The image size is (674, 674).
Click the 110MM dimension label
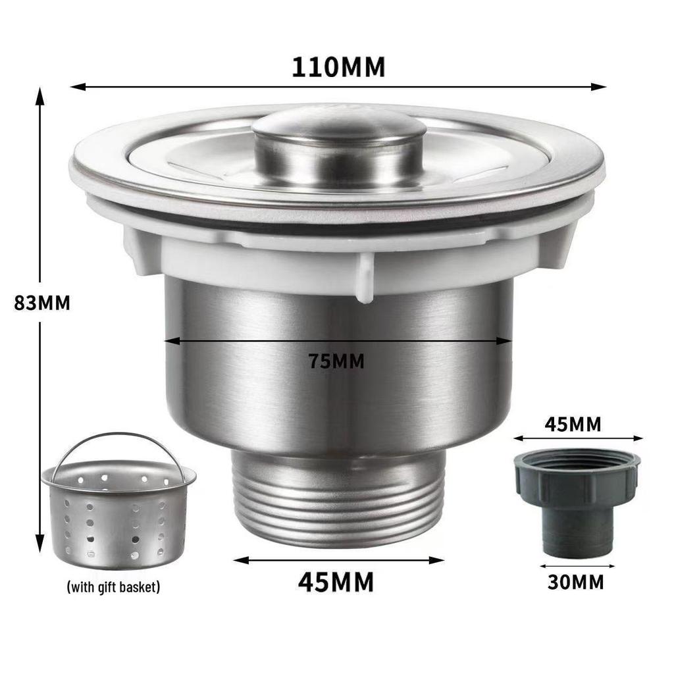click(x=338, y=67)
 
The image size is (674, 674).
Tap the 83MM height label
click(x=42, y=303)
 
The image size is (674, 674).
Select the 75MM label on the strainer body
click(x=336, y=361)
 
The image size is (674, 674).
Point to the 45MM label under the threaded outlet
click(x=336, y=582)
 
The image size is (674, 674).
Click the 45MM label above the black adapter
click(x=573, y=425)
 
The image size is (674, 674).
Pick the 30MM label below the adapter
click(x=575, y=582)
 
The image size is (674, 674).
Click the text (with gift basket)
click(x=113, y=586)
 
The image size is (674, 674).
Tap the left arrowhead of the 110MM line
click(x=75, y=86)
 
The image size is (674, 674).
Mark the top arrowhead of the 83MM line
click(x=40, y=96)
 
